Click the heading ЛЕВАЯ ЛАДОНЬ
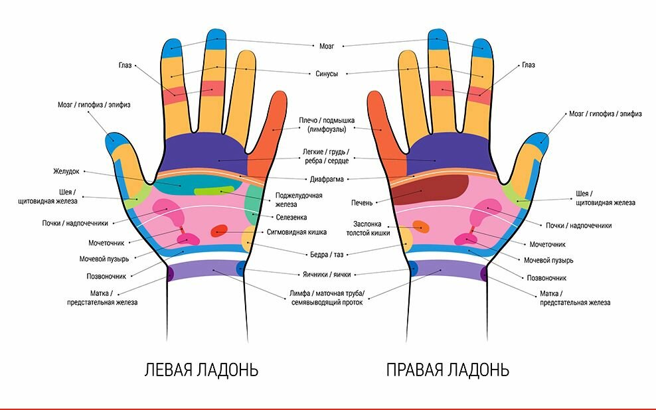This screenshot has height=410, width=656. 201,370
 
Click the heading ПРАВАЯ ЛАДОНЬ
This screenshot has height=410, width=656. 448,370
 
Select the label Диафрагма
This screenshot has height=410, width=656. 326,179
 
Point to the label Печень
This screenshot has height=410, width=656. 362,202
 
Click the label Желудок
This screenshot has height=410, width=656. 66,171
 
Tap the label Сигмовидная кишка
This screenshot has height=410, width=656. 296,232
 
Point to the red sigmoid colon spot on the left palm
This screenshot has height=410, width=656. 218,232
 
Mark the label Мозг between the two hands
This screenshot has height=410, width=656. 327,46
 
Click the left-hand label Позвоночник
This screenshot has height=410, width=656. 106,276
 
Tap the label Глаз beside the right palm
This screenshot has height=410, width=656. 528,65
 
